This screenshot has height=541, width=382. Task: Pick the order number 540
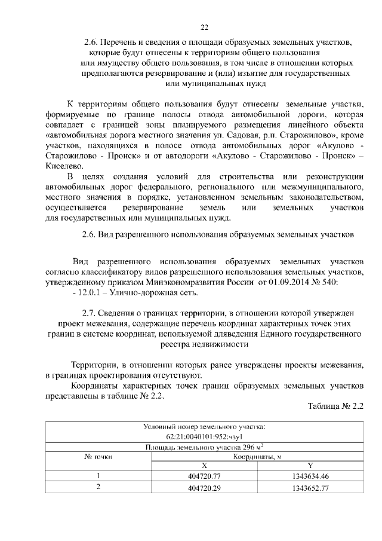(330, 282)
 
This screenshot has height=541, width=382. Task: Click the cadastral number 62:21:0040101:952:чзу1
(204, 436)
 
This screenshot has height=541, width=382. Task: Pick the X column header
(204, 466)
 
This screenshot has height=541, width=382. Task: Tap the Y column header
(310, 466)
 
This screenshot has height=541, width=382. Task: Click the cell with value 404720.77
(204, 476)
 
